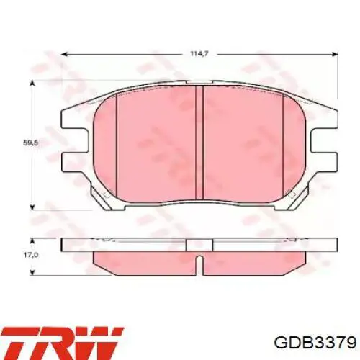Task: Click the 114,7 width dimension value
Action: click(199, 54)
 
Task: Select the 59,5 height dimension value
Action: click(30, 143)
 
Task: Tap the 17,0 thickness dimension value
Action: click(31, 255)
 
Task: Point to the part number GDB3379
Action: click(315, 342)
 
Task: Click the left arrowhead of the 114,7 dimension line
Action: click(64, 54)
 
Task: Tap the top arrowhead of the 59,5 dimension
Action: click(32, 84)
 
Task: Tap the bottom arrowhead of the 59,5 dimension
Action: click(32, 207)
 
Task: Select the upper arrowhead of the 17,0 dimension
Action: click(32, 241)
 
